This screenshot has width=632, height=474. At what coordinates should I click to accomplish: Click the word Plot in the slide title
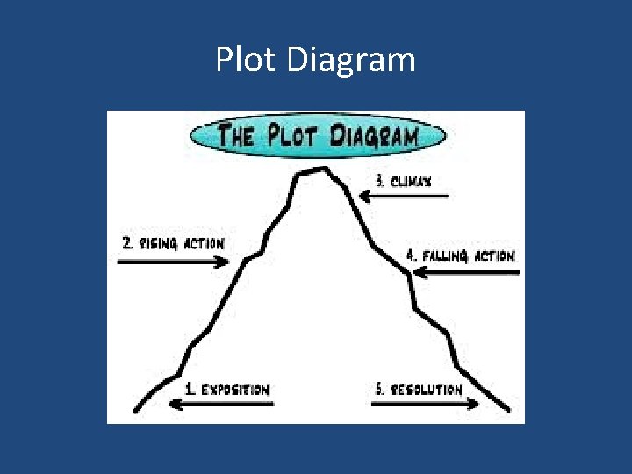coord(246,61)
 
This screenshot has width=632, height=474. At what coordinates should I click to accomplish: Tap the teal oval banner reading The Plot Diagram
coord(317,137)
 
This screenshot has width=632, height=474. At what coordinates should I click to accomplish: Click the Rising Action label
coord(173,243)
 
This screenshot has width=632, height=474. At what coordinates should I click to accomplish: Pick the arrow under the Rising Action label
coord(171,262)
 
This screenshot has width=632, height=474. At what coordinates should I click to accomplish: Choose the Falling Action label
coord(461,256)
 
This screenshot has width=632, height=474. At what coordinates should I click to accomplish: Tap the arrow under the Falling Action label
coord(465,273)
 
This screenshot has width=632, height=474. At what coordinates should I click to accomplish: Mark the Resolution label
coord(420,389)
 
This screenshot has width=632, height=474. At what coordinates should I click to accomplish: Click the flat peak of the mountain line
coord(313,170)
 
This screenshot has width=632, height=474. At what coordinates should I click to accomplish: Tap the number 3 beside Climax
coord(380,181)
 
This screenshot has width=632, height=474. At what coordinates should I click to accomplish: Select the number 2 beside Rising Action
coord(128,243)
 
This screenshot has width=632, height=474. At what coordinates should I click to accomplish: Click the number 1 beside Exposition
coord(190,389)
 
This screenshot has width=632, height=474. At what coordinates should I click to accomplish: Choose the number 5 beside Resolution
coord(380,389)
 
